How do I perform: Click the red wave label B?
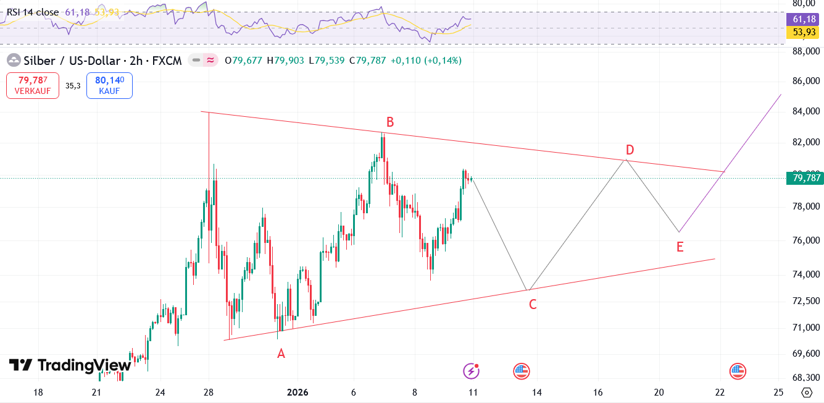pyautogui.click(x=390, y=122)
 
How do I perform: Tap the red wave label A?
pyautogui.click(x=281, y=354)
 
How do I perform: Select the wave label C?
pyautogui.click(x=532, y=304)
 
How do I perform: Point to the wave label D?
pyautogui.click(x=630, y=150)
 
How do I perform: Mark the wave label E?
pyautogui.click(x=680, y=247)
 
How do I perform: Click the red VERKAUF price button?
pyautogui.click(x=33, y=85)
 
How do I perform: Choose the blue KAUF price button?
pyautogui.click(x=109, y=85)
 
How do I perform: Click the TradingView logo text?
pyautogui.click(x=70, y=365)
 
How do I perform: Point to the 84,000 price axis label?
pyautogui.click(x=805, y=111)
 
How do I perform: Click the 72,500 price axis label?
pyautogui.click(x=805, y=301)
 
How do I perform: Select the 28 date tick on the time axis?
pyautogui.click(x=209, y=392)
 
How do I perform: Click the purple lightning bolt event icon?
pyautogui.click(x=472, y=371)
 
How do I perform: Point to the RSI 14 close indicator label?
pyautogui.click(x=33, y=12)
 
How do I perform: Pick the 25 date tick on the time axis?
pyautogui.click(x=778, y=392)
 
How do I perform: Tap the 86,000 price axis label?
pyautogui.click(x=805, y=81)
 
